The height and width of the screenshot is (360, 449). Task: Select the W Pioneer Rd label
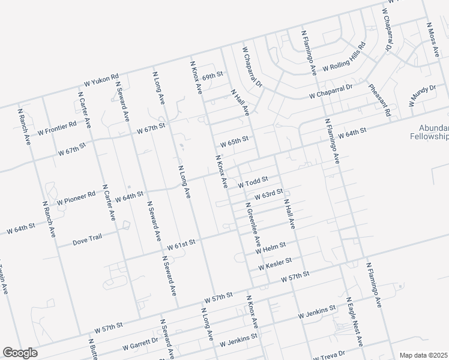coord(76,199)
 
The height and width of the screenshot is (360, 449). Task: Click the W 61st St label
coord(182,244)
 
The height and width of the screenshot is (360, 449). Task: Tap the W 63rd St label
coord(268,194)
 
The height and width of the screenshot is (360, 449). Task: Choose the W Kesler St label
coord(275,263)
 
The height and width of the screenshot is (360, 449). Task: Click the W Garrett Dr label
coord(140,345)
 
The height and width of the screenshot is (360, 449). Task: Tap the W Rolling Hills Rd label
coord(344,58)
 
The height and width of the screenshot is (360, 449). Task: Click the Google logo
coord(20,353)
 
